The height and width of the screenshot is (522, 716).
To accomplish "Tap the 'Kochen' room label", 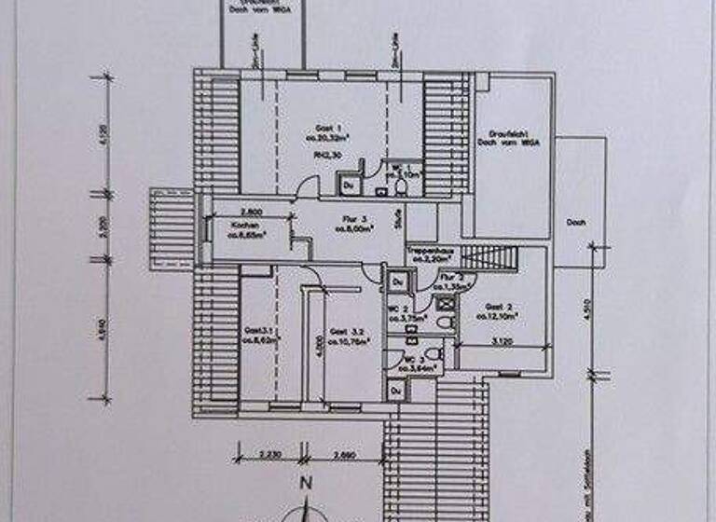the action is tap(232, 226).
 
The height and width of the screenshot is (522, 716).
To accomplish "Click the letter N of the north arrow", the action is tap(303, 483).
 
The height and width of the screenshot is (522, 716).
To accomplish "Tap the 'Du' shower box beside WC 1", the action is tap(347, 185).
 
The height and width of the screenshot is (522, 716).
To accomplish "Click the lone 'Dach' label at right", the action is tap(574, 223).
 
